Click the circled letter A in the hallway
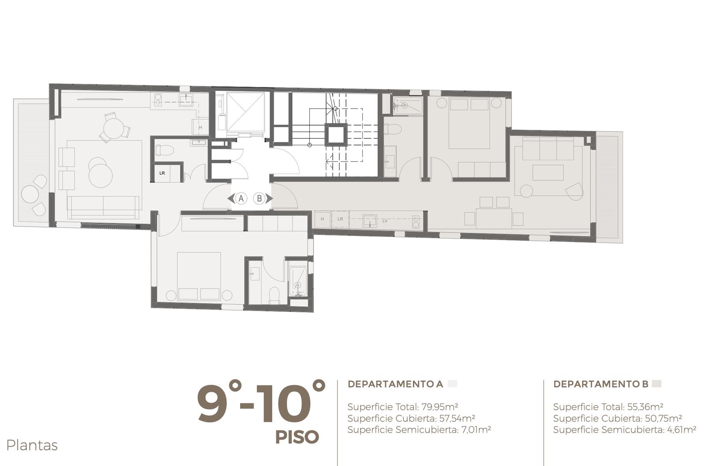[x=241, y=198]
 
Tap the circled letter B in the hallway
[x=259, y=198]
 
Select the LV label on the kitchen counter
[x=385, y=221]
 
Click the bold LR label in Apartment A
[x=162, y=173]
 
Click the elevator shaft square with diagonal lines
[x=245, y=112]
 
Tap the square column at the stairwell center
[x=336, y=134]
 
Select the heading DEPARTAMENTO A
[x=395, y=384]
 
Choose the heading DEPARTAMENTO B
[x=601, y=384]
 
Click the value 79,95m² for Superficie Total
[x=439, y=407]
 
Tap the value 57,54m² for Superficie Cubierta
[x=457, y=418]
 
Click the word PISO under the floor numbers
[x=297, y=437]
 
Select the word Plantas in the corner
[x=32, y=446]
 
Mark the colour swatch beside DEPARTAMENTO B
[x=657, y=384]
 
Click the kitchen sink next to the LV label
[x=369, y=220]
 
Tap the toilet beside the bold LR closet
[x=165, y=150]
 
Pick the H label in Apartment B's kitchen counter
[x=322, y=219]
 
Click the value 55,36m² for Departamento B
[x=645, y=407]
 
